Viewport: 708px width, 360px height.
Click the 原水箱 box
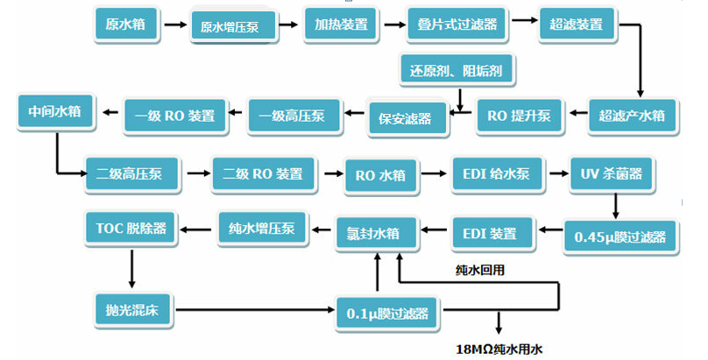tap(126, 25)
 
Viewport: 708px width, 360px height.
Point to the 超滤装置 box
tap(577, 25)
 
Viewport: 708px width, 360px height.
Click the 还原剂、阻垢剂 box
tap(456, 70)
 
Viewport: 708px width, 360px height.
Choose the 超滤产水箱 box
tap(632, 114)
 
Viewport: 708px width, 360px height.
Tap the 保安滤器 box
tap(405, 118)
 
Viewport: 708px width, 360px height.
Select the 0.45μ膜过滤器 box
tap(619, 236)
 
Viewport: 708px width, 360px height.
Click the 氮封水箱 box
tap(379, 234)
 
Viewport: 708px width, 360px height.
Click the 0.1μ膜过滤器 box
tap(388, 313)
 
